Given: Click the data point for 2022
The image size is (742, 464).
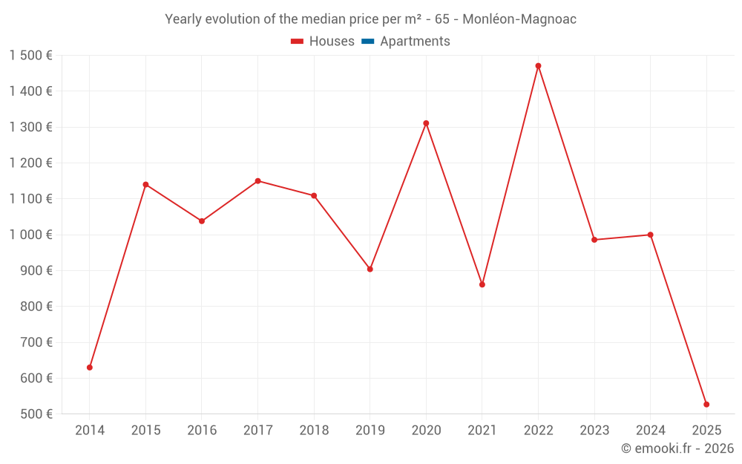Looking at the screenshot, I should pyautogui.click(x=538, y=66).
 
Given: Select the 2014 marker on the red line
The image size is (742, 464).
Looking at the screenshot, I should pyautogui.click(x=90, y=367).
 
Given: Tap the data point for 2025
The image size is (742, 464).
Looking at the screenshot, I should pyautogui.click(x=706, y=405).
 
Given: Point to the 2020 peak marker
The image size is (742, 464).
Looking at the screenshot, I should pyautogui.click(x=426, y=123).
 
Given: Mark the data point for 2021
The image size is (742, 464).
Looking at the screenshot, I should pyautogui.click(x=482, y=284).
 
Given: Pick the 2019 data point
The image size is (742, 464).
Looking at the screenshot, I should pyautogui.click(x=370, y=269).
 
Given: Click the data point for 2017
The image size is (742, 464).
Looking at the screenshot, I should pyautogui.click(x=257, y=181).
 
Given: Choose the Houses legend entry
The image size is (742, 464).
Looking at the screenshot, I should pyautogui.click(x=332, y=42).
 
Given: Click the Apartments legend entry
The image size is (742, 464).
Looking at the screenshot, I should pyautogui.click(x=415, y=42).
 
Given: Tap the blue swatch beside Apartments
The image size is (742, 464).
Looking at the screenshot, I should pyautogui.click(x=367, y=42).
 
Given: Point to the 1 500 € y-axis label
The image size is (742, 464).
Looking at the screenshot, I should pyautogui.click(x=31, y=56).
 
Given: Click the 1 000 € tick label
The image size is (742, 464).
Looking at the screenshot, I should pyautogui.click(x=31, y=235).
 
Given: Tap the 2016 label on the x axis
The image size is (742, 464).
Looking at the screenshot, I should pyautogui.click(x=202, y=431).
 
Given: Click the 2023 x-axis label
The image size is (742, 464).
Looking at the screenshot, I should pyautogui.click(x=594, y=431).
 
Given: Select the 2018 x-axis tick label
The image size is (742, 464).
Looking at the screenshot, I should pyautogui.click(x=314, y=431).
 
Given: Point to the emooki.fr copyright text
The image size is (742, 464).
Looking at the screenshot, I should pyautogui.click(x=677, y=448).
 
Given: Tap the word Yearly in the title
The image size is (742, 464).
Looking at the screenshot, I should pyautogui.click(x=183, y=19).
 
